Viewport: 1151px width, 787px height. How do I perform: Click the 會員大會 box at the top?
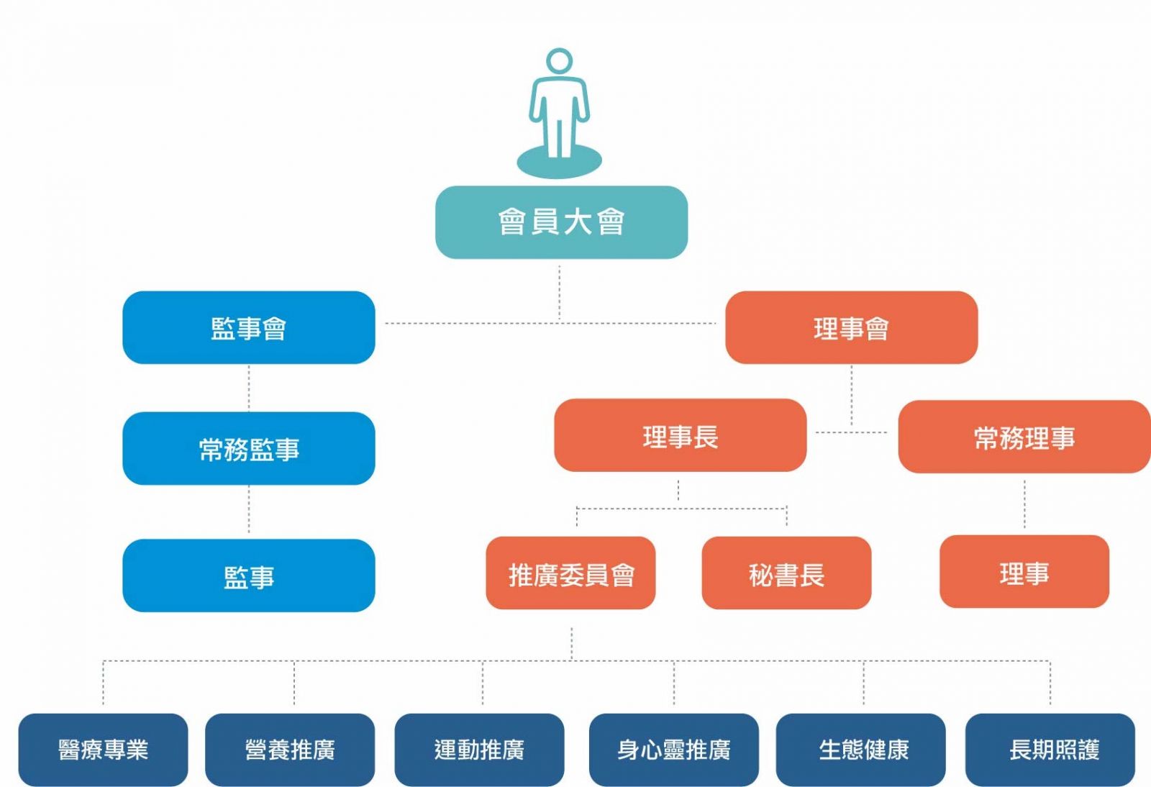coord(561,222)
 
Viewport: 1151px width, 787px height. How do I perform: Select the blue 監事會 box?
coord(249,328)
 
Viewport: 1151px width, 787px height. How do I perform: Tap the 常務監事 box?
coord(249,449)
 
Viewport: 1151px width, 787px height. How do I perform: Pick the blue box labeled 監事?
coord(249,576)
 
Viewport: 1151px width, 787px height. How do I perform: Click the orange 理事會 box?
coord(851,328)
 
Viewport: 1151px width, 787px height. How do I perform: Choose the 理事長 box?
coord(680,436)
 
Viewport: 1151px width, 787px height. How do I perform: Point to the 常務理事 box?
coord(1024,437)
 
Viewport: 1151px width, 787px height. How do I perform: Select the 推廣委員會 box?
coord(570,573)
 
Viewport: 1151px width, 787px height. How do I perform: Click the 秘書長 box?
coord(786,573)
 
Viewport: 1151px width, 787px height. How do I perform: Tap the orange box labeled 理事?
coord(1024,572)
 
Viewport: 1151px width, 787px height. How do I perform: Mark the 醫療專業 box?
coord(103,750)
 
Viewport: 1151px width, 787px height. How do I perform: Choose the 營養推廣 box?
coord(290,750)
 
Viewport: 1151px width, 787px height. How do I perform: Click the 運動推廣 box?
coord(479,750)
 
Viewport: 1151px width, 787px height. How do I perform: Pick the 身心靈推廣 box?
coord(673,750)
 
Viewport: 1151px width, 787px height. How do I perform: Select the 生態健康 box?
coord(863,750)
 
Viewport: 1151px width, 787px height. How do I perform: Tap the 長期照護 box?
coord(1053,750)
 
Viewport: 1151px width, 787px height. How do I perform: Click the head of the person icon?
coord(559,61)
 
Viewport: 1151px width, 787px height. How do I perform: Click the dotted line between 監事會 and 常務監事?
coord(249,388)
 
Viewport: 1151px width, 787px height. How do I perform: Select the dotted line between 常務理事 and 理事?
coord(1024,504)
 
